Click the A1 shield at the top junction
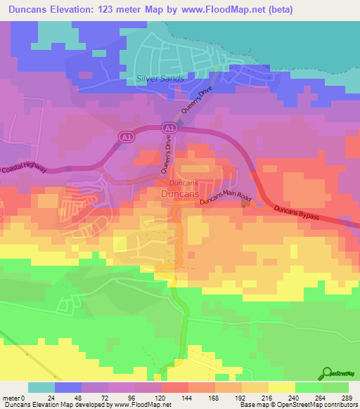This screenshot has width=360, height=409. coord(169,127)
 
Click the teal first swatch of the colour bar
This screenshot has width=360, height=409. coord(41,387)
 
